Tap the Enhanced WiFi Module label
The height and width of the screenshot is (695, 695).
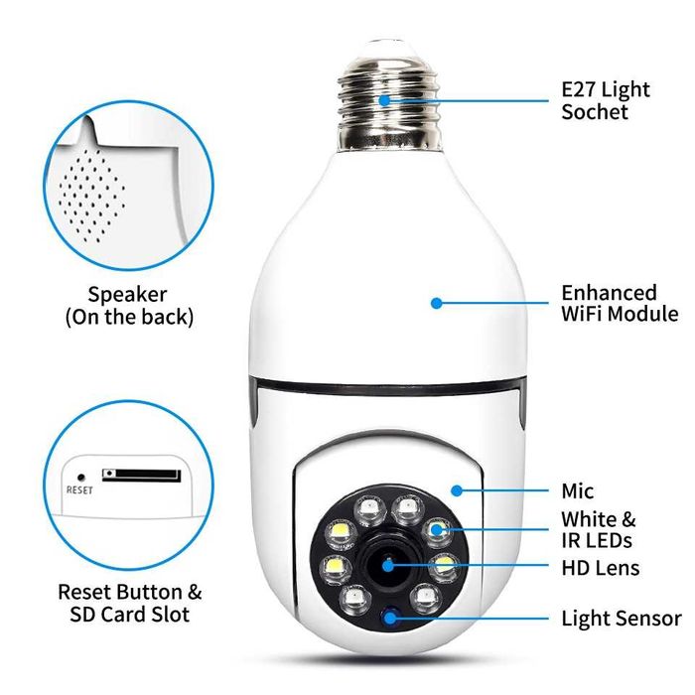[620, 303]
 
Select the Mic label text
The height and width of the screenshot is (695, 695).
[577, 491]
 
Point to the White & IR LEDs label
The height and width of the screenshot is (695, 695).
[599, 530]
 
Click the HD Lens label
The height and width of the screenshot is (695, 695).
[600, 568]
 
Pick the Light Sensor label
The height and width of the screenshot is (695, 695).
[622, 619]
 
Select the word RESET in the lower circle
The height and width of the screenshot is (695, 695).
[79, 488]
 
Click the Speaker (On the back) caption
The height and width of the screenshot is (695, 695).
[128, 306]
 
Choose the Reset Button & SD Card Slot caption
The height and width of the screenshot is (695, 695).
[129, 603]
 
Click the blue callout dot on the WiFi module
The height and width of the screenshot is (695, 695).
[436, 302]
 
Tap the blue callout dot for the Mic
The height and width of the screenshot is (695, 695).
[455, 490]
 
